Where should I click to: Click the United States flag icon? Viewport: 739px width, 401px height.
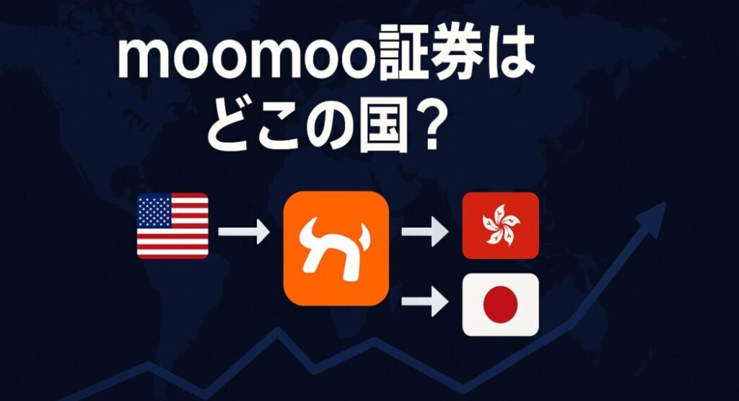click(172, 226)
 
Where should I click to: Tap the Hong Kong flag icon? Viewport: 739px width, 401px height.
click(501, 225)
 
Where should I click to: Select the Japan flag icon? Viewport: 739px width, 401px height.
click(501, 304)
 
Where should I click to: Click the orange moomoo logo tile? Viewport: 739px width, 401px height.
click(336, 248)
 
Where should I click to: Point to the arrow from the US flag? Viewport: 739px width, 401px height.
click(244, 232)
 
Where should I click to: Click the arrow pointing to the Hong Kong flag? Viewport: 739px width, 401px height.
click(424, 232)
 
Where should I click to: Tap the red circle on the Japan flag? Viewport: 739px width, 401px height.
click(501, 304)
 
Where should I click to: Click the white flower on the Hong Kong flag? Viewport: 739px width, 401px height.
click(501, 226)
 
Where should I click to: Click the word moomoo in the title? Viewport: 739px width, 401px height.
click(248, 58)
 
